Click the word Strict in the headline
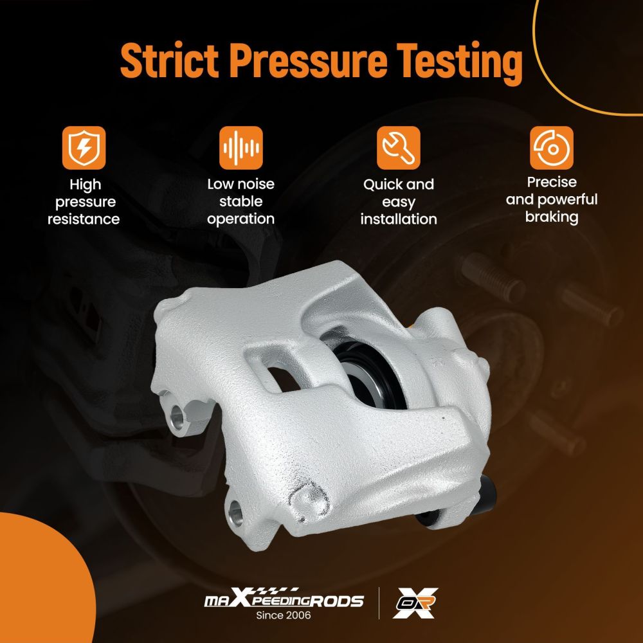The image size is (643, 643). pyautogui.click(x=169, y=60)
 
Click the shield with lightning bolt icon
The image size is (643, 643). pyautogui.click(x=84, y=148)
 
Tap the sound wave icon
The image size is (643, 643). pyautogui.click(x=241, y=148)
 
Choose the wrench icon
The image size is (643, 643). pyautogui.click(x=399, y=148)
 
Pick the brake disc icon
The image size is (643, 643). pyautogui.click(x=552, y=148)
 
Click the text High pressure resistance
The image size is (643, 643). pyautogui.click(x=84, y=202)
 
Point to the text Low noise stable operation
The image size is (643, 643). pyautogui.click(x=240, y=202)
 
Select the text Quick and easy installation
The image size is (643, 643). pyautogui.click(x=399, y=202)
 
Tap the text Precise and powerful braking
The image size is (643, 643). pyautogui.click(x=552, y=200)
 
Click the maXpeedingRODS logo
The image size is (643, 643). pyautogui.click(x=284, y=598)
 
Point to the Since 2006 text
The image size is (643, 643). pyautogui.click(x=284, y=615)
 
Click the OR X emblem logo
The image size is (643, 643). pyautogui.click(x=415, y=603)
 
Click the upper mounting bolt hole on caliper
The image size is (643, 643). pyautogui.click(x=178, y=417)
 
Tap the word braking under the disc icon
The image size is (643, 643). pyautogui.click(x=552, y=217)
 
